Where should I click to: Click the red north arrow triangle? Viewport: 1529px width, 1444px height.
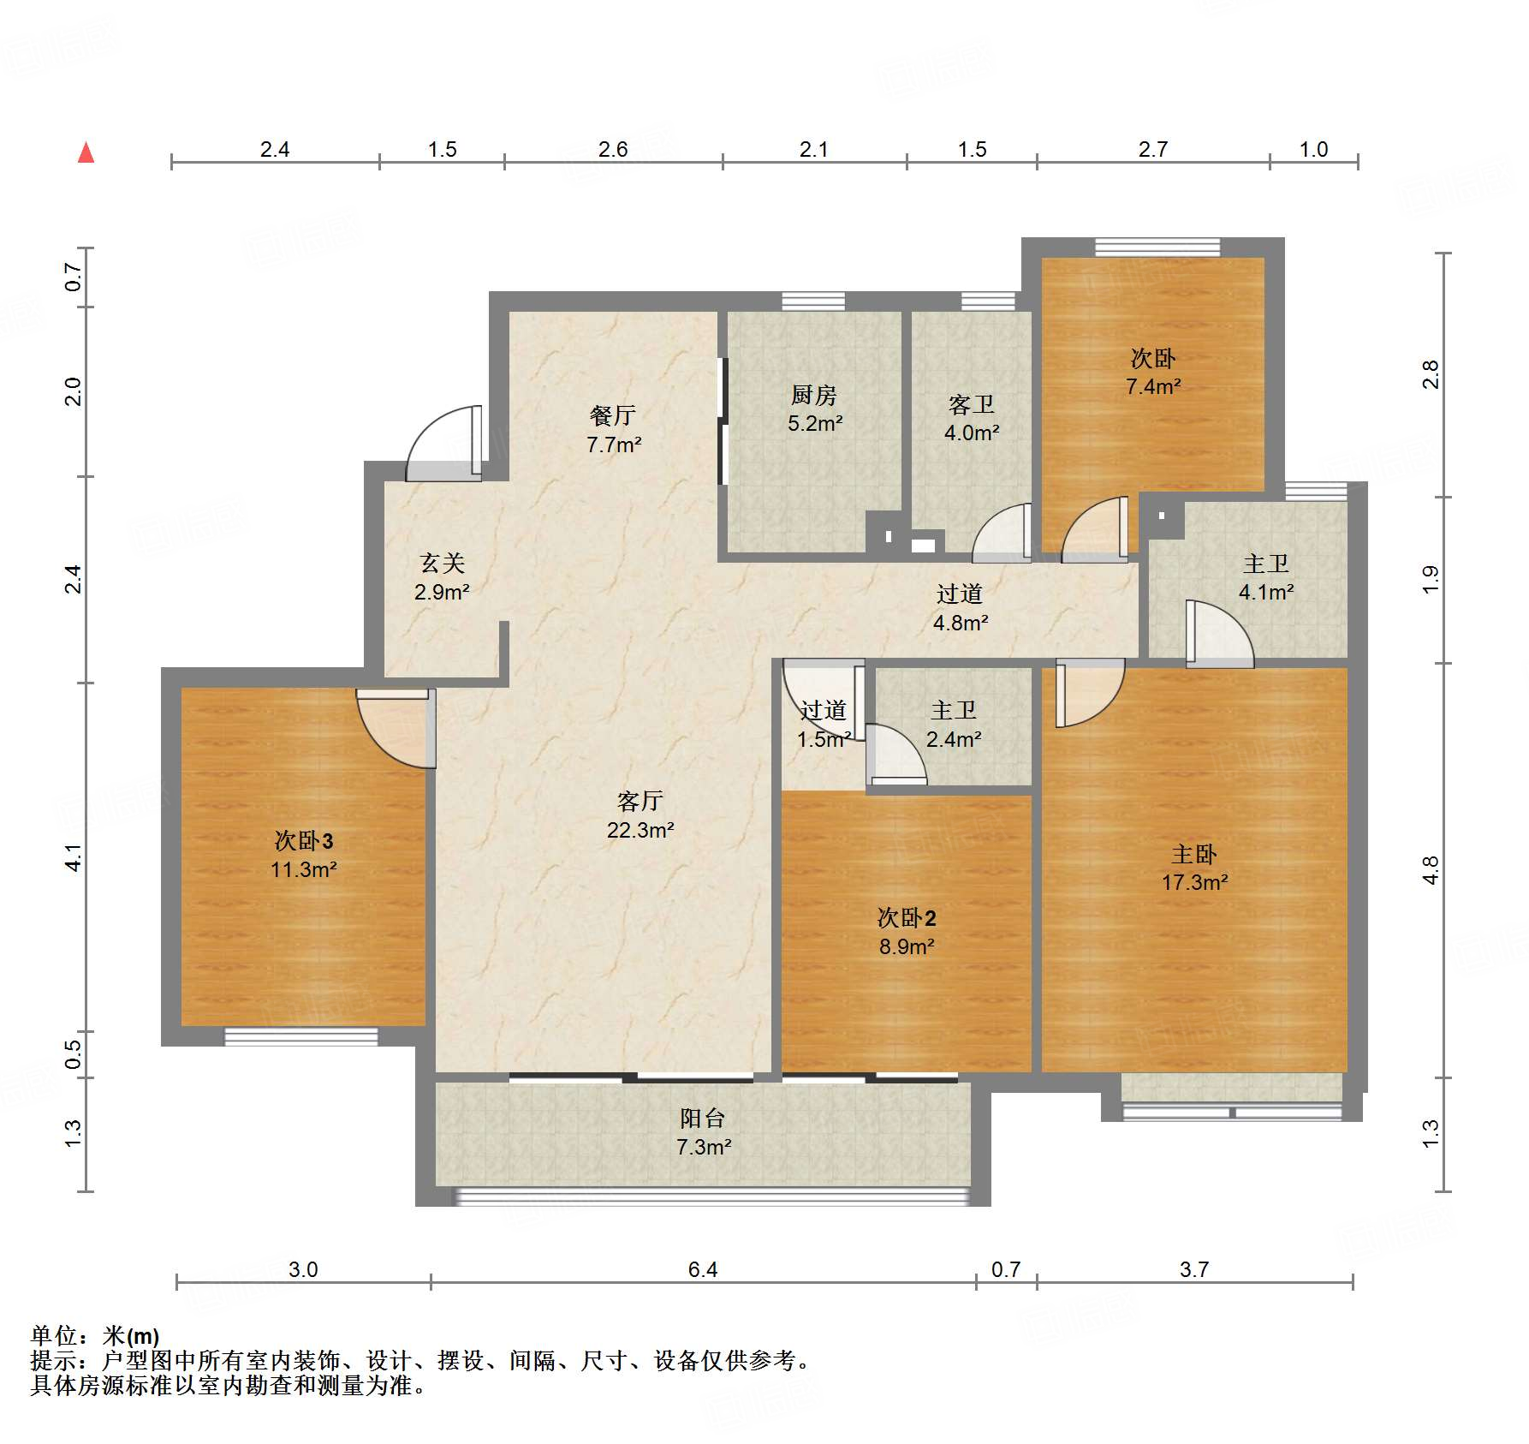coord(86,153)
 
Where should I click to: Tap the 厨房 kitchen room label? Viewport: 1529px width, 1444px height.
coord(813,395)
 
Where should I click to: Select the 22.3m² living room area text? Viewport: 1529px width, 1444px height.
coord(640,830)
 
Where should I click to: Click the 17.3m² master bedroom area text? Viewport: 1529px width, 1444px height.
coord(1194,882)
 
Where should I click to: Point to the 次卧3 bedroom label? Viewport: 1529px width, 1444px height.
coord(304,840)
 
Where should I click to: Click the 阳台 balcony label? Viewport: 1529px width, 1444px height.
coord(703,1118)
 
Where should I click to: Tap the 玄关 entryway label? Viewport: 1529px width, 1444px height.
coord(442,563)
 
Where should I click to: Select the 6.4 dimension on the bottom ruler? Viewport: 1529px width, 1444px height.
coord(702,1269)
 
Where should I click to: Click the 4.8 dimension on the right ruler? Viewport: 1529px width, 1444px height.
coord(1431,870)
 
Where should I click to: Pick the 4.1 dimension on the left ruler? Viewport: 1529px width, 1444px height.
coord(74,857)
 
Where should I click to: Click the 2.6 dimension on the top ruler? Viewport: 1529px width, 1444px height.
coord(613,149)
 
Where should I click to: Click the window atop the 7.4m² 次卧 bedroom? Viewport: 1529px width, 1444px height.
coord(1156,248)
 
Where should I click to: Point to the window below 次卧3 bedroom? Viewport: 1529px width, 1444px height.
coord(300,1036)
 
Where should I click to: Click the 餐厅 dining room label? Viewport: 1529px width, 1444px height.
coord(613,415)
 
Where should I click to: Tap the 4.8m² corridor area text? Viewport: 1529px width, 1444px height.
coord(960,623)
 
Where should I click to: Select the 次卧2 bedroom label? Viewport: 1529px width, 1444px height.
coord(906,918)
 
